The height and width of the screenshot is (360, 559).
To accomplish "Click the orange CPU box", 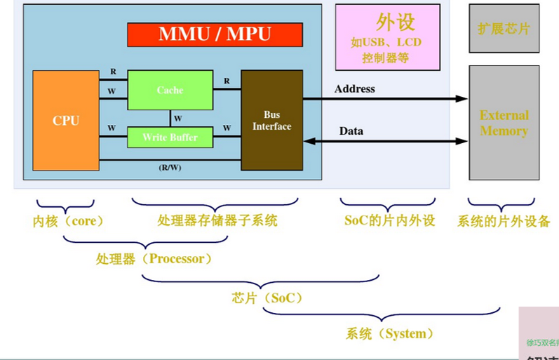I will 66,120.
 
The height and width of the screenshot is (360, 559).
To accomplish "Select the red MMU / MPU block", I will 215,34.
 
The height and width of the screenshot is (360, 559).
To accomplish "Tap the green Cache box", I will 170,90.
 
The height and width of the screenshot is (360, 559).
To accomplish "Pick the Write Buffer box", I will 170,137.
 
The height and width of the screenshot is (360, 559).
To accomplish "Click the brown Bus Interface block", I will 272,120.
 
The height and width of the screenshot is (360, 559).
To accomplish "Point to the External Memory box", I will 504,124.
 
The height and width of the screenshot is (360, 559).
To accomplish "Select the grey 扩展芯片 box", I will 504,29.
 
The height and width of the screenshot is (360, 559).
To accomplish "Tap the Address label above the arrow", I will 355,89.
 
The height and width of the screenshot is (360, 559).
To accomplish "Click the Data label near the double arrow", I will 351,131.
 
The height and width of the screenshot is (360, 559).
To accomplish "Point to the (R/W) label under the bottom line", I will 170,168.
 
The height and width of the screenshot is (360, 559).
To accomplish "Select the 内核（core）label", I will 69,221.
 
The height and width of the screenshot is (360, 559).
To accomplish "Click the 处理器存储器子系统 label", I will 217,221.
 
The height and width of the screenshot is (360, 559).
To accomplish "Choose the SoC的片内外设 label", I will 390,221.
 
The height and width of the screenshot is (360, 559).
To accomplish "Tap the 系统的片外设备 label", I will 504,222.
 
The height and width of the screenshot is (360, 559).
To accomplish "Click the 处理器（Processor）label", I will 154,259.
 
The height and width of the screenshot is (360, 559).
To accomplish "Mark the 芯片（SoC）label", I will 267,298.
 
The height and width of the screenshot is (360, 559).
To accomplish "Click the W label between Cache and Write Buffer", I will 178,118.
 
